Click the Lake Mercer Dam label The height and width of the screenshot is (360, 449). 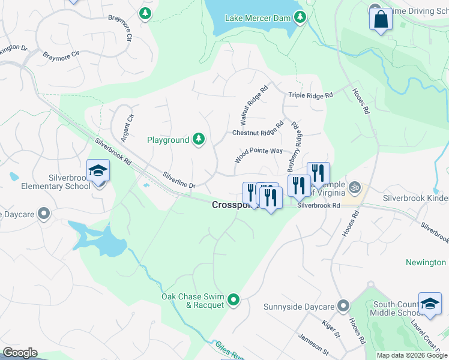258,17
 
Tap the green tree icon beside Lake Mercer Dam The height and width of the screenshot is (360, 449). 299,17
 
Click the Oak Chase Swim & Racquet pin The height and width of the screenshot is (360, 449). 234,299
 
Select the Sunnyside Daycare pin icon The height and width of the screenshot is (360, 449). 343,307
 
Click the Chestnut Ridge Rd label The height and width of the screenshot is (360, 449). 258,129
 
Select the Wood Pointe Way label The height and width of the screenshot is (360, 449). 259,155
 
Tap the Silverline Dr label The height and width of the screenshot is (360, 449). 179,181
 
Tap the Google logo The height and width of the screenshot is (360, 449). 19,353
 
